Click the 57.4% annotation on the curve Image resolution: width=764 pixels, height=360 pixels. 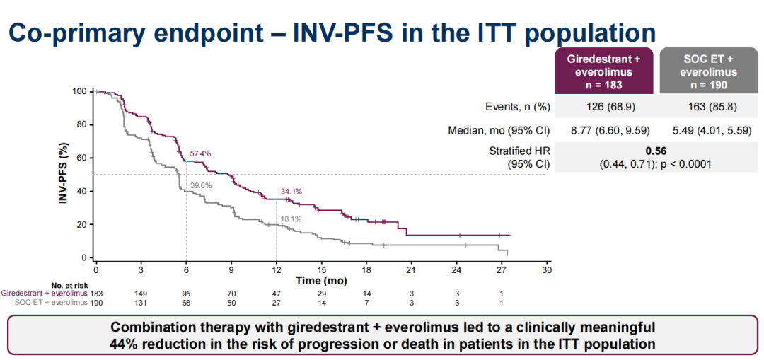click(x=200, y=153)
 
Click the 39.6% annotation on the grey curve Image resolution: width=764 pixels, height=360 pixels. click(x=200, y=185)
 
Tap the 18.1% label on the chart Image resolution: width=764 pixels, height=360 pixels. click(x=291, y=219)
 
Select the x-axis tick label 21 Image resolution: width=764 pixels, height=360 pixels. click(x=412, y=270)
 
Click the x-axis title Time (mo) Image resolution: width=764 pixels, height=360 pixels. click(x=321, y=280)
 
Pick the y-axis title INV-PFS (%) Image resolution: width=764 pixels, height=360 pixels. click(x=64, y=174)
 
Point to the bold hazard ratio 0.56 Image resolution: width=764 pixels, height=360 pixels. click(x=657, y=151)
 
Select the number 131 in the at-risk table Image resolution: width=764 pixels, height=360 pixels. click(x=141, y=302)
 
